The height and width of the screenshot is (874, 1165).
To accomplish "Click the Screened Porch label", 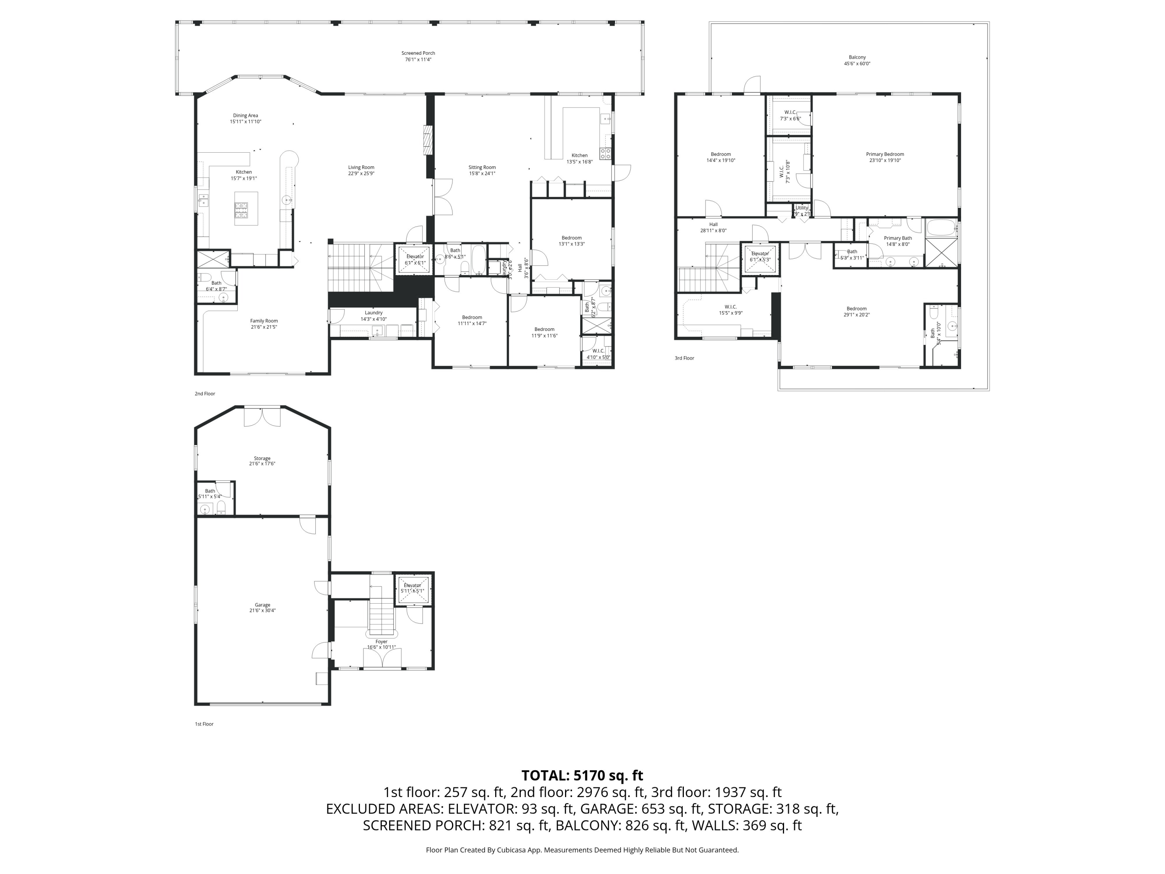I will point(418,53).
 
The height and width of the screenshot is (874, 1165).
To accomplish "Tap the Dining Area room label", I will point(245,115).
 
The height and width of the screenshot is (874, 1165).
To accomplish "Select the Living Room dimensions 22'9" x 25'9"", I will point(361,174).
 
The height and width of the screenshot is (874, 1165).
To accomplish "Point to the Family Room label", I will point(264,321).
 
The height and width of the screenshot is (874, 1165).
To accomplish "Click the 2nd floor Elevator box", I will point(414,260).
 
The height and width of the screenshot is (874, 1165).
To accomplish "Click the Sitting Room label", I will point(482,167).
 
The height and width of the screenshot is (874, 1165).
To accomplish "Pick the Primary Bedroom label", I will point(885,154).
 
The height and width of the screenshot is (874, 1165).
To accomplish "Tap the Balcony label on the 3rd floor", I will point(857,57).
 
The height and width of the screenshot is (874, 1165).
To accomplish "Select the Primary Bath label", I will point(897,238).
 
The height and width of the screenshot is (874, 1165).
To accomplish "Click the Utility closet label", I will point(802,207).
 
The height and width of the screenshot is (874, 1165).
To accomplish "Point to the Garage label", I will point(262,605).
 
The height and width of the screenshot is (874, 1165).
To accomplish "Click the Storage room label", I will point(262,458).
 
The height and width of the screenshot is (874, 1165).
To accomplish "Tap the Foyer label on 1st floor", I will point(381,642).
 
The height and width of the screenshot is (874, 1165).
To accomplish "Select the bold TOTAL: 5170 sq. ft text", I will point(582,775).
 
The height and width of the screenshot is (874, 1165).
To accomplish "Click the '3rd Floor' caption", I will point(684,358).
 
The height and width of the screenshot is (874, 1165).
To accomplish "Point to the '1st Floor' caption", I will point(204,724).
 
